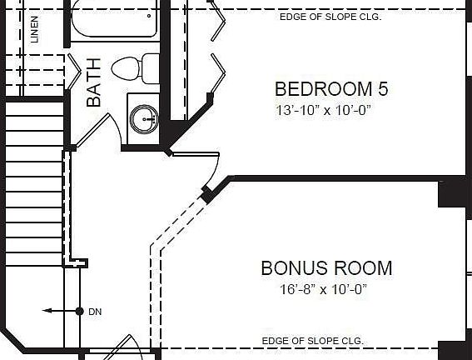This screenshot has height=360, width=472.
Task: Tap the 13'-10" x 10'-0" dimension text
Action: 323,110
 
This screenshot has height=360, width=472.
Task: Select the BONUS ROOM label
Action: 326,268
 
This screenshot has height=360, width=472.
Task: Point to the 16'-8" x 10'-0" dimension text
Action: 323,290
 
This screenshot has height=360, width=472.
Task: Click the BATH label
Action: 94,82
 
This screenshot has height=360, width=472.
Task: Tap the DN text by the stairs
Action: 94,312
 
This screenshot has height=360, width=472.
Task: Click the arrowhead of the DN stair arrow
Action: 47,311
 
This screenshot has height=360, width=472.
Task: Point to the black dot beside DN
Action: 79,311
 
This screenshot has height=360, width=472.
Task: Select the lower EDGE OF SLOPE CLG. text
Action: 312,341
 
